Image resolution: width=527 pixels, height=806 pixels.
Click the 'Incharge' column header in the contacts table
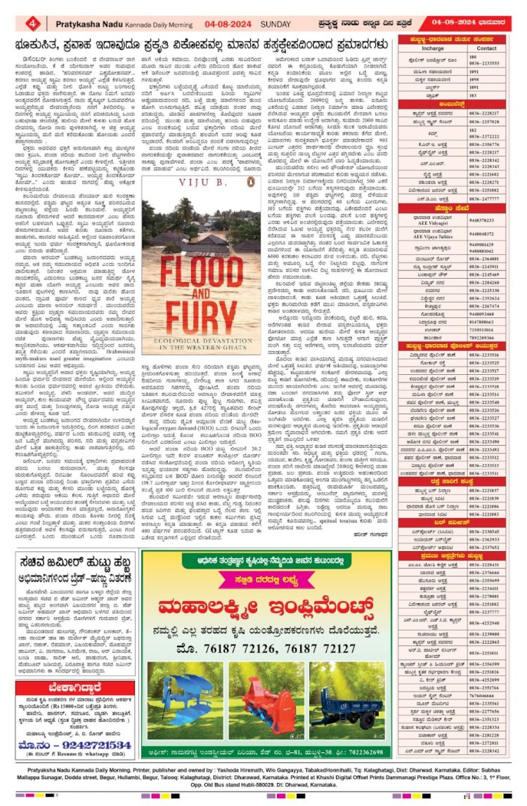[432, 48]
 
